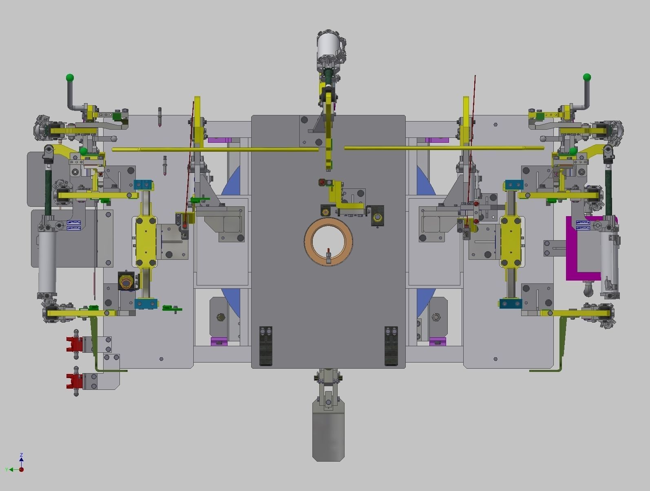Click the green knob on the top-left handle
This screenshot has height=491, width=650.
pyautogui.click(x=70, y=77)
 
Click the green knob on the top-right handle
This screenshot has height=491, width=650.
pyautogui.click(x=587, y=77)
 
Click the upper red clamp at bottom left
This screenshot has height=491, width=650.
pyautogui.click(x=75, y=344)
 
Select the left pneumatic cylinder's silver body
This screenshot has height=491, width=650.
pyautogui.click(x=47, y=261)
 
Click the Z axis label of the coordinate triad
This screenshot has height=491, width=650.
pyautogui.click(x=21, y=454)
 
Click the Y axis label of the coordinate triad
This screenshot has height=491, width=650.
pyautogui.click(x=7, y=470)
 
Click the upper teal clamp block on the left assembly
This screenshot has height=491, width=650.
pyautogui.click(x=143, y=185)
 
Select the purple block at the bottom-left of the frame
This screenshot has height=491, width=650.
pyautogui.click(x=219, y=341)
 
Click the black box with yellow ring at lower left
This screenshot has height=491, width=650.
pyautogui.click(x=126, y=281)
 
